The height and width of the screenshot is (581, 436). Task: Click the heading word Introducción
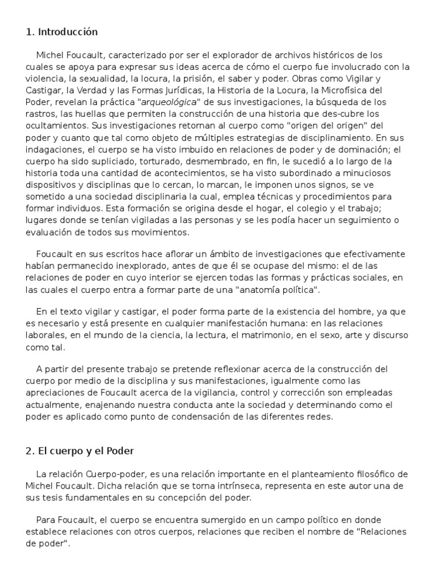click(x=68, y=32)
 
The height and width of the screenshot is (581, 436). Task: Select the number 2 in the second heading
click(x=29, y=451)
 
